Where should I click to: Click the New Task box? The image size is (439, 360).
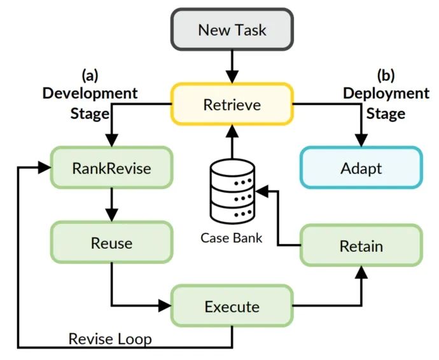click(x=232, y=29)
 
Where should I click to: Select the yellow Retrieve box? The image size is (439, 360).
click(x=232, y=104)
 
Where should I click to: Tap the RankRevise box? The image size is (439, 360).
click(x=111, y=168)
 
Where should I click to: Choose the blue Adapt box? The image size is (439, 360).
click(x=361, y=168)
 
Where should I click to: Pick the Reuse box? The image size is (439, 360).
click(x=111, y=242)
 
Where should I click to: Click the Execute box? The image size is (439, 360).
click(x=232, y=306)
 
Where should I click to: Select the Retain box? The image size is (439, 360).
click(x=361, y=246)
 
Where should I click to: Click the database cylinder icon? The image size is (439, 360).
click(x=232, y=191)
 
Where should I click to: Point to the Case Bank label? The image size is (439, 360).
click(x=232, y=238)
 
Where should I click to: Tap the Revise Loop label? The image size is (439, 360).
click(x=110, y=339)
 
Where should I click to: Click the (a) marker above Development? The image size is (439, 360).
click(x=90, y=75)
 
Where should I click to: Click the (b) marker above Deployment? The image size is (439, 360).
click(x=386, y=75)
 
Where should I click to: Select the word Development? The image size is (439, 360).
click(x=90, y=93)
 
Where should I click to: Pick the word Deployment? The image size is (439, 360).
click(x=386, y=93)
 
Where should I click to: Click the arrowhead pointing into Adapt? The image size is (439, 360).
click(x=361, y=140)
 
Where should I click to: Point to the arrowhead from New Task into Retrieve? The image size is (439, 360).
click(x=232, y=77)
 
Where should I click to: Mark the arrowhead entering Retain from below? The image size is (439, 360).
click(x=361, y=272)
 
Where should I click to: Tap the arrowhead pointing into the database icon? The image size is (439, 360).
click(x=261, y=191)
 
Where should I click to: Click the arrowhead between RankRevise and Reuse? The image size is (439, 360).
click(x=111, y=215)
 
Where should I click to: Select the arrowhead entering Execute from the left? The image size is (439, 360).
click(x=165, y=305)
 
